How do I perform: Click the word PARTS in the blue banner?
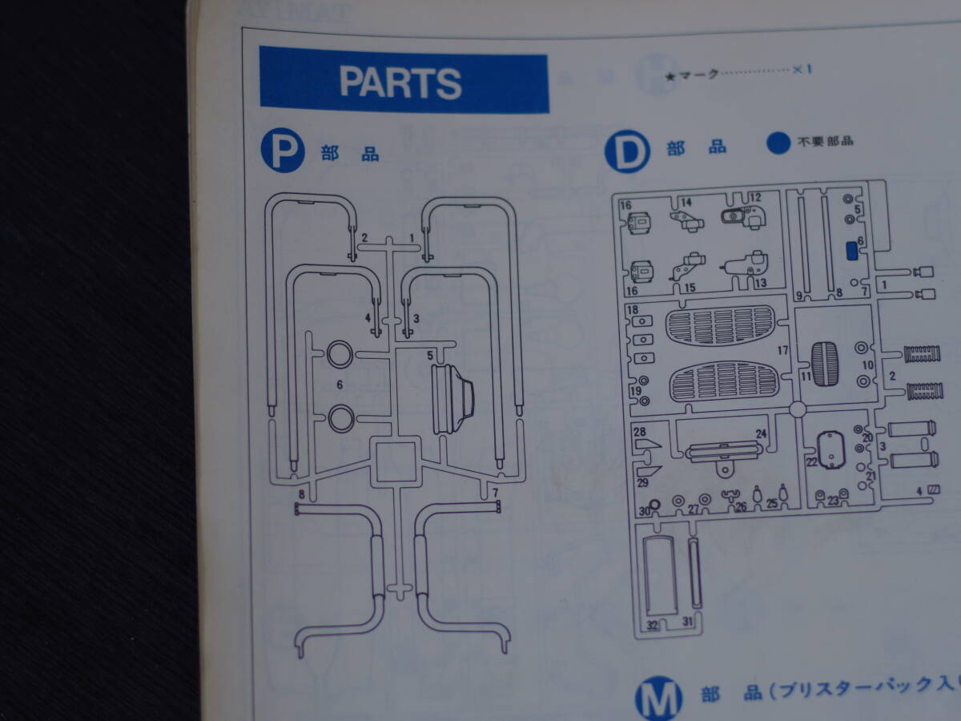pyautogui.click(x=400, y=83)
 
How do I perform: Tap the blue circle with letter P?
pyautogui.click(x=282, y=151)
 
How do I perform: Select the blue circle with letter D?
pyautogui.click(x=627, y=151)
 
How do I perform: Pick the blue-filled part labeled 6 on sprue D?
pyautogui.click(x=852, y=252)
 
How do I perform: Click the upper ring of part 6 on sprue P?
pyautogui.click(x=340, y=352)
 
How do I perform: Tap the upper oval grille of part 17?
pyautogui.click(x=720, y=325)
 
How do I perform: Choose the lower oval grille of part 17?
pyautogui.click(x=723, y=381)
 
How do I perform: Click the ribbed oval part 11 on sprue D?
pyautogui.click(x=824, y=364)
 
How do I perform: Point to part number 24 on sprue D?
pyautogui.click(x=761, y=433)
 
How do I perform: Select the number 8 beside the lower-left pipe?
pyautogui.click(x=301, y=494)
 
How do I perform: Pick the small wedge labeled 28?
pyautogui.click(x=650, y=443)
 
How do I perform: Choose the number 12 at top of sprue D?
pyautogui.click(x=754, y=197)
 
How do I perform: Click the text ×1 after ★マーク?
pyautogui.click(x=802, y=70)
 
